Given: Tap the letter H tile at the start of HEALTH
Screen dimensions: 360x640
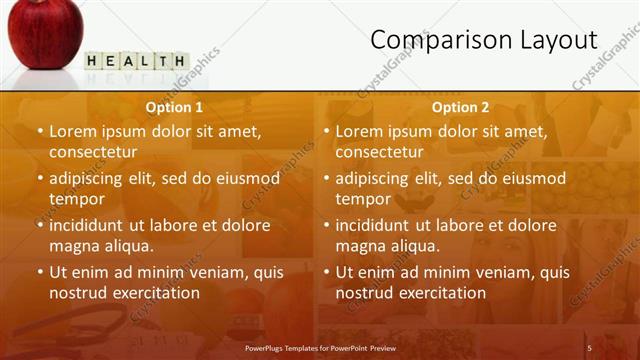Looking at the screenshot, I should click(93, 61).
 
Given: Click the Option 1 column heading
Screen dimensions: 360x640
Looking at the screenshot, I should click(174, 107).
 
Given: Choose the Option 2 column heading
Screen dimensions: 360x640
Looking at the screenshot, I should click(460, 107).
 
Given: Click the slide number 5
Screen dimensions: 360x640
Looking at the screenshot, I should click(589, 347).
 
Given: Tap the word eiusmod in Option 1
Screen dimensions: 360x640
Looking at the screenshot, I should click(244, 178).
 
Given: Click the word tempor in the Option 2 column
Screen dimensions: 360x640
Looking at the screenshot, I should click(363, 199).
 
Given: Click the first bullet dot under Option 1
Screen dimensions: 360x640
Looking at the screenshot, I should click(40, 131).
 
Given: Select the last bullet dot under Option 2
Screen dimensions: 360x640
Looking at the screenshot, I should click(327, 272).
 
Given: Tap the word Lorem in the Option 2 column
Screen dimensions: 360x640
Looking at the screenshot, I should click(358, 131).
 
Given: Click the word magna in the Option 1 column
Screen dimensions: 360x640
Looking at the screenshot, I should click(71, 246).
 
